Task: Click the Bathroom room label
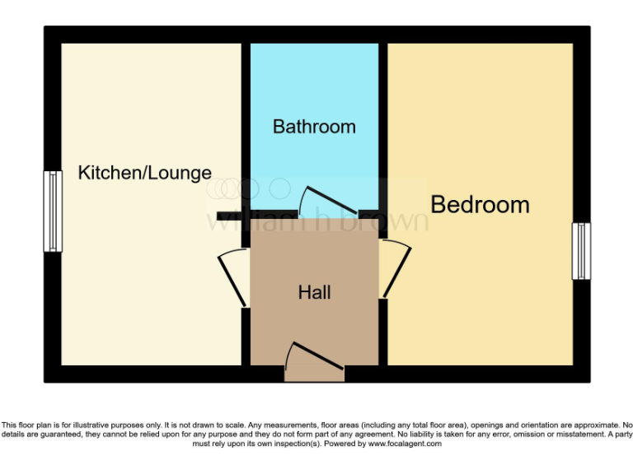314,127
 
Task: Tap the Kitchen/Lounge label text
145,173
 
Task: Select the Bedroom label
480,204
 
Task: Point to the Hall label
314,292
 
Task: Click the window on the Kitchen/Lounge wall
54,211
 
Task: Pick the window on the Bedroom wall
582,251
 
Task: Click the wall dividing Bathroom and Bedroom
383,123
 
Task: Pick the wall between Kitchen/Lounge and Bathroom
246,123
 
